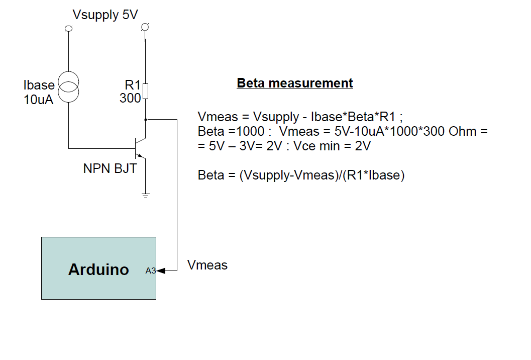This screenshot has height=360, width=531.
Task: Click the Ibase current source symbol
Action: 68,86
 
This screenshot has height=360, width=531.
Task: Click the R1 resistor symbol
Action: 145,91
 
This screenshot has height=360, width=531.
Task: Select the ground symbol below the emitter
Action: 145,196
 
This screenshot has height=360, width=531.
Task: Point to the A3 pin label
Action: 150,271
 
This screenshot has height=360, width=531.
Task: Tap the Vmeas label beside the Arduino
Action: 207,265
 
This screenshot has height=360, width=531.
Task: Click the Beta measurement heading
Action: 295,83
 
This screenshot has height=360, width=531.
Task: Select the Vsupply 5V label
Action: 105,15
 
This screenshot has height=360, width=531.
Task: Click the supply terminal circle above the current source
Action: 68,29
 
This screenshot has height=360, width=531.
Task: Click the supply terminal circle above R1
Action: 145,26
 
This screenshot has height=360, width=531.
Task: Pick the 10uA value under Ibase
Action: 38,99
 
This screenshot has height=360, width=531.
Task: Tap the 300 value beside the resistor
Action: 130,98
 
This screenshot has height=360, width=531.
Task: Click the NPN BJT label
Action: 110,168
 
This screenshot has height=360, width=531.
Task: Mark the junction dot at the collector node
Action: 145,120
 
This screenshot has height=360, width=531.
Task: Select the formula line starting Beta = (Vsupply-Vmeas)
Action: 301,175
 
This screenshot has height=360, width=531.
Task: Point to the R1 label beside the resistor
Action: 132,85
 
